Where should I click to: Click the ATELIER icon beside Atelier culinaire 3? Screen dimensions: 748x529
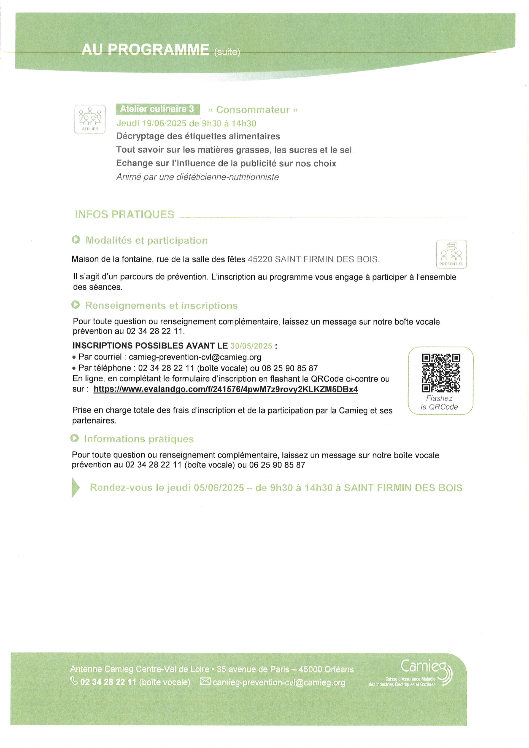[x=90, y=119]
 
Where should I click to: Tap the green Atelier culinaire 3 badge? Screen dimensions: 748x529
[x=158, y=109]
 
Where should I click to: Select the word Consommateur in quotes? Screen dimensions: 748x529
[x=253, y=110]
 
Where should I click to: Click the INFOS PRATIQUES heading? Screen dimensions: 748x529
[x=125, y=214]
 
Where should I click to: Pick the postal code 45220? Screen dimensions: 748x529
[x=260, y=259]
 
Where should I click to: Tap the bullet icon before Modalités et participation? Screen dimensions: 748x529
[x=76, y=240]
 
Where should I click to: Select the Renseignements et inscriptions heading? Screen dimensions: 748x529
[x=161, y=306]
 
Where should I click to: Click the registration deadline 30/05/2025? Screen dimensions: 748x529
[x=251, y=346]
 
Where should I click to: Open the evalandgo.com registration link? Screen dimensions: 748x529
[x=225, y=389]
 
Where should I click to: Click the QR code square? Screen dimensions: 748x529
[x=441, y=373]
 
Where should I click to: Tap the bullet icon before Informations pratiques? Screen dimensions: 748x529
[x=75, y=439]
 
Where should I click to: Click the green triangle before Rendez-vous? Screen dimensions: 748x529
[x=75, y=488]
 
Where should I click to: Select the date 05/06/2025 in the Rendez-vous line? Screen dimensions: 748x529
[x=218, y=488]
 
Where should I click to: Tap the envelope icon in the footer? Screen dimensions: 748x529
[x=205, y=681]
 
